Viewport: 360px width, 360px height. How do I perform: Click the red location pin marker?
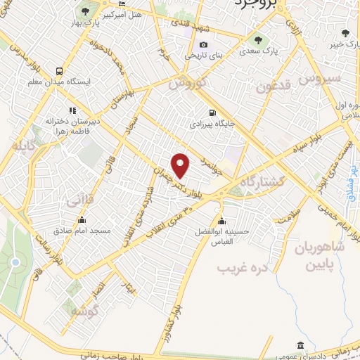tap(181, 166)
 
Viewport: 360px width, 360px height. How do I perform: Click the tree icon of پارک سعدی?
tap(255, 39)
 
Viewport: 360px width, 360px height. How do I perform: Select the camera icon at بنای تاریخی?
tap(203, 45)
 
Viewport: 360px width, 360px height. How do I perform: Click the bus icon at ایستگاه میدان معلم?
tap(60, 71)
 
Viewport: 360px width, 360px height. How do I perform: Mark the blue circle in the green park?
tap(15, 262)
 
